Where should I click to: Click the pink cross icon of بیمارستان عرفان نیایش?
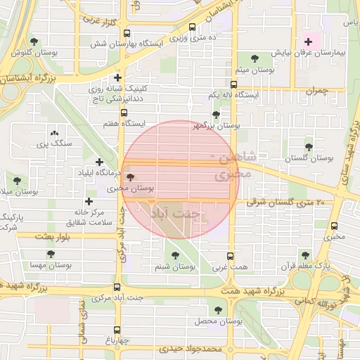308,42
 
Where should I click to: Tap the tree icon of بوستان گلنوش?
34,42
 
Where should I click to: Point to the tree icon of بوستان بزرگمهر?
216,115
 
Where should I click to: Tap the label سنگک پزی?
53,143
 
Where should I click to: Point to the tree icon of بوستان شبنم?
174,256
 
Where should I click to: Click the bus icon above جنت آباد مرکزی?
117,286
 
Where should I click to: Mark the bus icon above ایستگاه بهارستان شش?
193,28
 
